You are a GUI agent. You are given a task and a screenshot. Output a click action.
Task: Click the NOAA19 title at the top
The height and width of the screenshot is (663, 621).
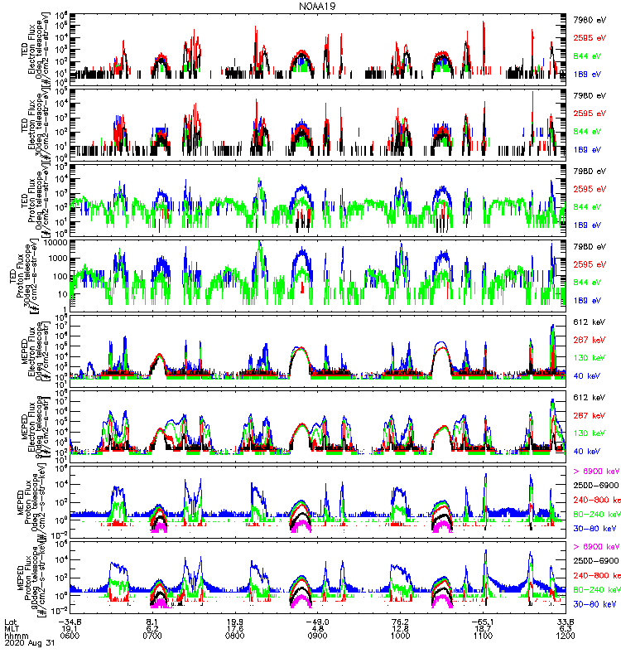[x=318, y=6]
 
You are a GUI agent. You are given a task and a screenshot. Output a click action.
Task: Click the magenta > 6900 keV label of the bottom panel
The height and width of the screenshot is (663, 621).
[x=596, y=547]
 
